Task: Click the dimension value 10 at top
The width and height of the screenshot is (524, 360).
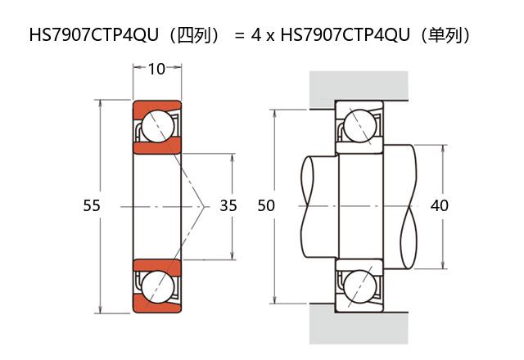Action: coord(156,69)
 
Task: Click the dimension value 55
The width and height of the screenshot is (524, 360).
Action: coord(92,206)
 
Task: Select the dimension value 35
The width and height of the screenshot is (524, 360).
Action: coord(228,206)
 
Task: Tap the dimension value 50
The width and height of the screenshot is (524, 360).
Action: coord(266,206)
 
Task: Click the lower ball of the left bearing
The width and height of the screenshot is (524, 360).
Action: coord(156,286)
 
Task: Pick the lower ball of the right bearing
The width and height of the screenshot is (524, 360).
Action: coord(359,286)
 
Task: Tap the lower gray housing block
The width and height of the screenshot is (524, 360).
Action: coord(359,326)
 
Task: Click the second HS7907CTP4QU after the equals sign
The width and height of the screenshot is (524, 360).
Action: coord(345,36)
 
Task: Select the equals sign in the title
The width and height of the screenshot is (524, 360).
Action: coord(239,36)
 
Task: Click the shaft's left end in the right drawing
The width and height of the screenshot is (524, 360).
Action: coord(309,206)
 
